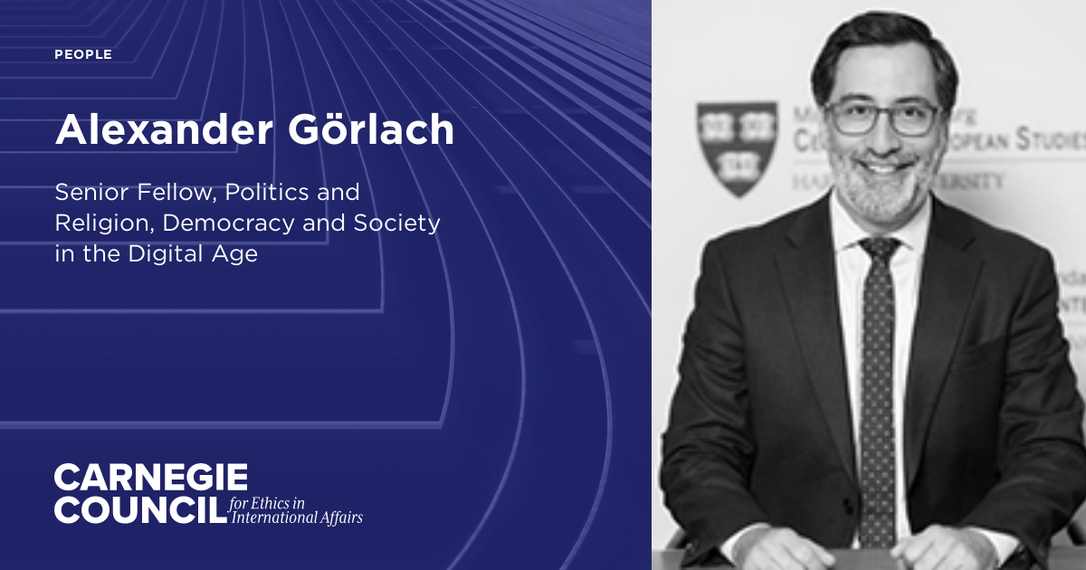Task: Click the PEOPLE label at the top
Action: tap(83, 54)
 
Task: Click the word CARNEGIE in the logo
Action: tap(150, 478)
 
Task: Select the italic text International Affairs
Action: tap(297, 518)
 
